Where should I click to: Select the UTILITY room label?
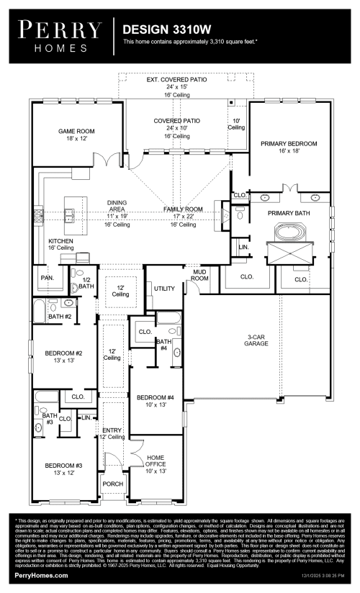pyautogui.click(x=164, y=289)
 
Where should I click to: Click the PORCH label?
pyautogui.click(x=112, y=483)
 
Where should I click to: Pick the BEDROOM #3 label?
pyautogui.click(x=64, y=469)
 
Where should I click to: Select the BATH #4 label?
pyautogui.click(x=163, y=345)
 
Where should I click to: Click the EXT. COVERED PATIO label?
pyautogui.click(x=176, y=83)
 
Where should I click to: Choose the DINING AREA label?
pyautogui.click(x=117, y=206)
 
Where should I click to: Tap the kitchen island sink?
pyautogui.click(x=71, y=213)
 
